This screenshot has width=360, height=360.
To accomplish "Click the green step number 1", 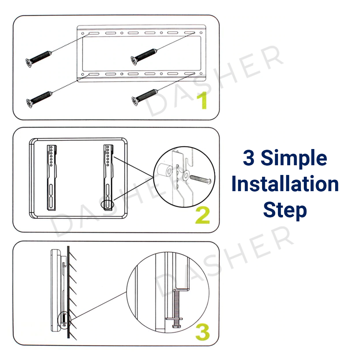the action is pos(202,100).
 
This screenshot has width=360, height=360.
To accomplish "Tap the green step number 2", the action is pos(202,215).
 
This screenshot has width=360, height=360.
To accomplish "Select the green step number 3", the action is pos(202,332).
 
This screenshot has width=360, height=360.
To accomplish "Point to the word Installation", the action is pos(285,184).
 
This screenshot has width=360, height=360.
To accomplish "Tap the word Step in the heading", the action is pos(285,210).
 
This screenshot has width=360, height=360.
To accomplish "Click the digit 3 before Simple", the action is pos(249,158).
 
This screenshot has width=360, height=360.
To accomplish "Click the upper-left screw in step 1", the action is pos(39,59).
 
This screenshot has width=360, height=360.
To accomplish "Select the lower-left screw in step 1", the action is pos(39,99).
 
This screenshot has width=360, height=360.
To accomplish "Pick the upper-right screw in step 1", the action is pos(144,57).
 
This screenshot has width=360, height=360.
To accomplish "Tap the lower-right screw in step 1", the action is pos(145,97).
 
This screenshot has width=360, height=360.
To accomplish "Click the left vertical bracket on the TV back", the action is pos(51,177).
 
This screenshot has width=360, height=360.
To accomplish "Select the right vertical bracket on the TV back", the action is pos(108,177).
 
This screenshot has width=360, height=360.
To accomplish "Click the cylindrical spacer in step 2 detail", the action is pos(165,170).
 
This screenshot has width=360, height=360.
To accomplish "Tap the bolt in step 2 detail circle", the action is pos(201,179).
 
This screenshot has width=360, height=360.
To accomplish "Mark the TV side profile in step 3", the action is pos(55,291).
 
